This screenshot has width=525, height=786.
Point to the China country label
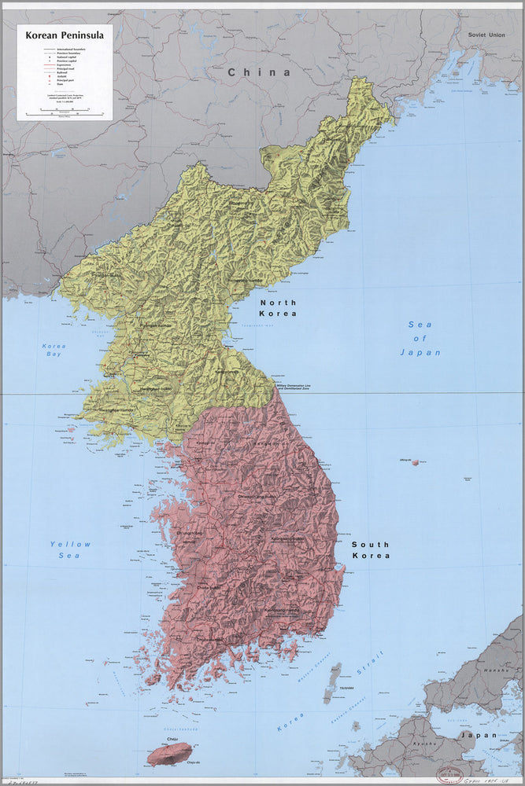(258, 72)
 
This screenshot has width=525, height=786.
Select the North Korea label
(279, 308)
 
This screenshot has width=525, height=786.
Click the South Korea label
(371, 549)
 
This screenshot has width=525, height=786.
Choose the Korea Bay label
(54, 351)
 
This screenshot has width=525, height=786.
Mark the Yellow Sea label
(70, 549)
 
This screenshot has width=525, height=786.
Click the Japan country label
(479, 735)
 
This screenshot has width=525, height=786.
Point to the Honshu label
(497, 669)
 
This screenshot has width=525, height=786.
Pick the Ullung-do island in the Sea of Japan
(415, 462)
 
